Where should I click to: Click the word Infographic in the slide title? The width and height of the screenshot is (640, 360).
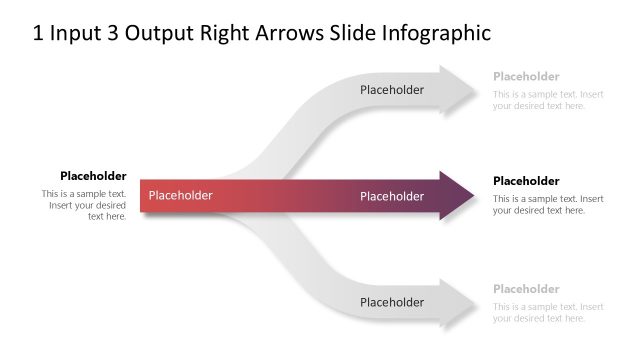coord(436,33)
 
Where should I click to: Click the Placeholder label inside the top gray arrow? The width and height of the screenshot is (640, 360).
coord(392,90)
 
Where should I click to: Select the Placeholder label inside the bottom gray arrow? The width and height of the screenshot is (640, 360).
coord(392,302)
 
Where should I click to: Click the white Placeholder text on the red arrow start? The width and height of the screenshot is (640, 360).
coord(181,196)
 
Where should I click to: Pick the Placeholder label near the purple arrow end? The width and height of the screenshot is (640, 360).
coord(392,196)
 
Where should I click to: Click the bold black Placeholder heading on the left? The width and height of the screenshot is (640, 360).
coord(93,176)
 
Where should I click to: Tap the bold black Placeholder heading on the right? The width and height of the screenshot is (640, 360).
coord(526,181)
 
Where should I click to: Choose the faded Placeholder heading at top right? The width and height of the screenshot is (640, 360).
coord(526,76)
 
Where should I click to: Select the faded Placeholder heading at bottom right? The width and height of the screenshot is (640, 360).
coord(526,289)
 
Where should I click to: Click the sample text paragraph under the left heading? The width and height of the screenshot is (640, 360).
coord(85,204)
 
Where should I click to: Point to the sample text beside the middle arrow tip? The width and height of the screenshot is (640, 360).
coord(548,204)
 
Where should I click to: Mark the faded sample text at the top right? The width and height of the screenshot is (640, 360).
coord(548,100)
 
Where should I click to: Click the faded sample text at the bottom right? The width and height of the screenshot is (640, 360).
coord(548,312)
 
